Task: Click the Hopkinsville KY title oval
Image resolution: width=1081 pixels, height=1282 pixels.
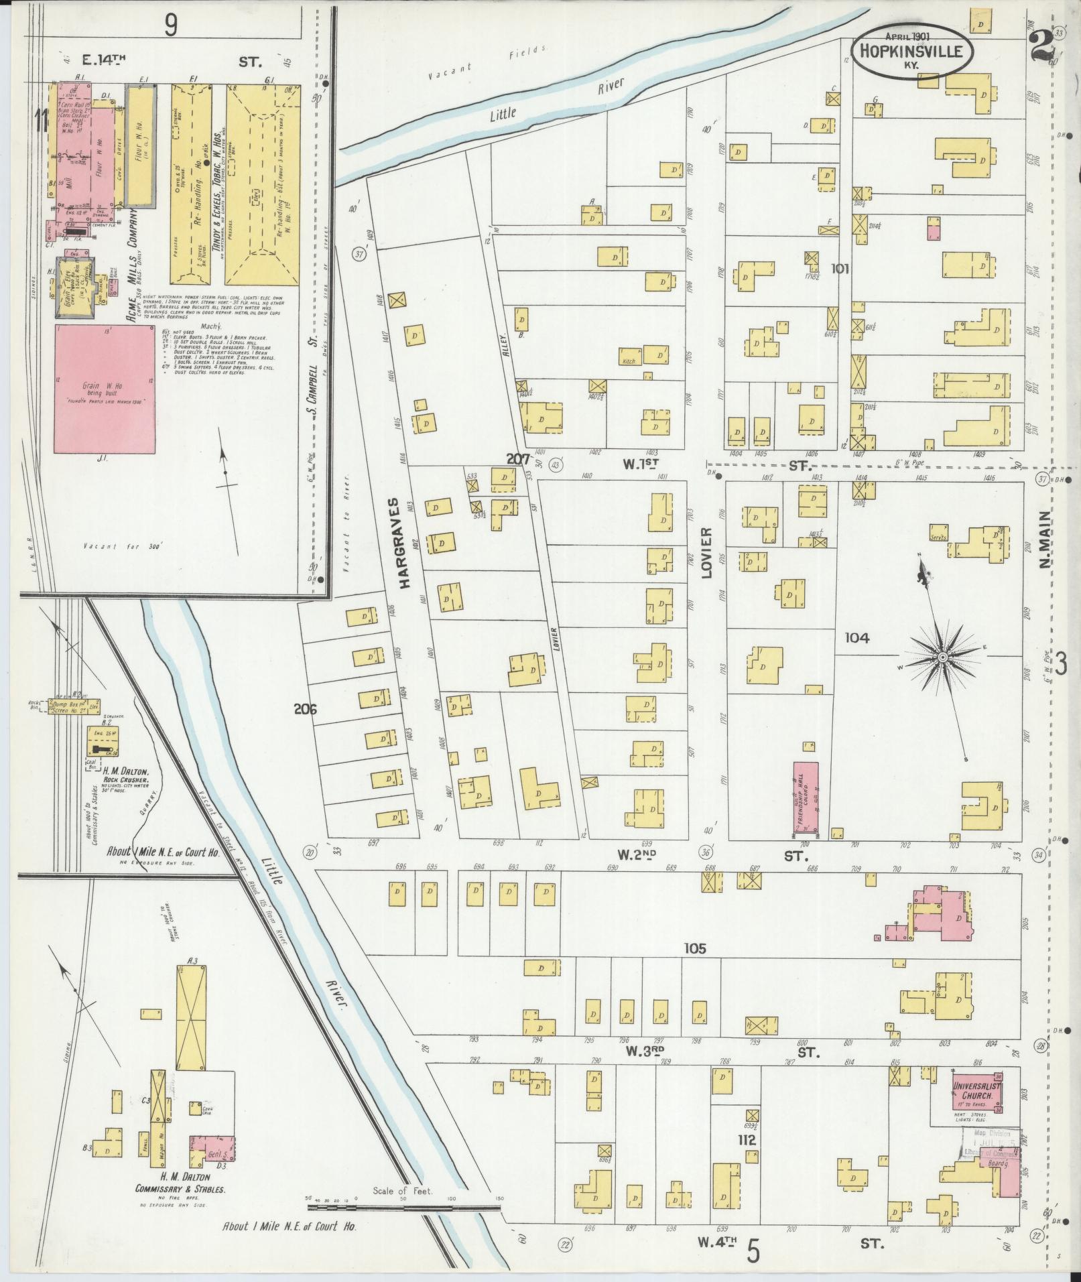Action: coord(910,50)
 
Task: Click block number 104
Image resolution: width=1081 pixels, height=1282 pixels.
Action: coord(856,638)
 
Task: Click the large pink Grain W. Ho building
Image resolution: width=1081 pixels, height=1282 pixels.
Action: coord(106,389)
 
